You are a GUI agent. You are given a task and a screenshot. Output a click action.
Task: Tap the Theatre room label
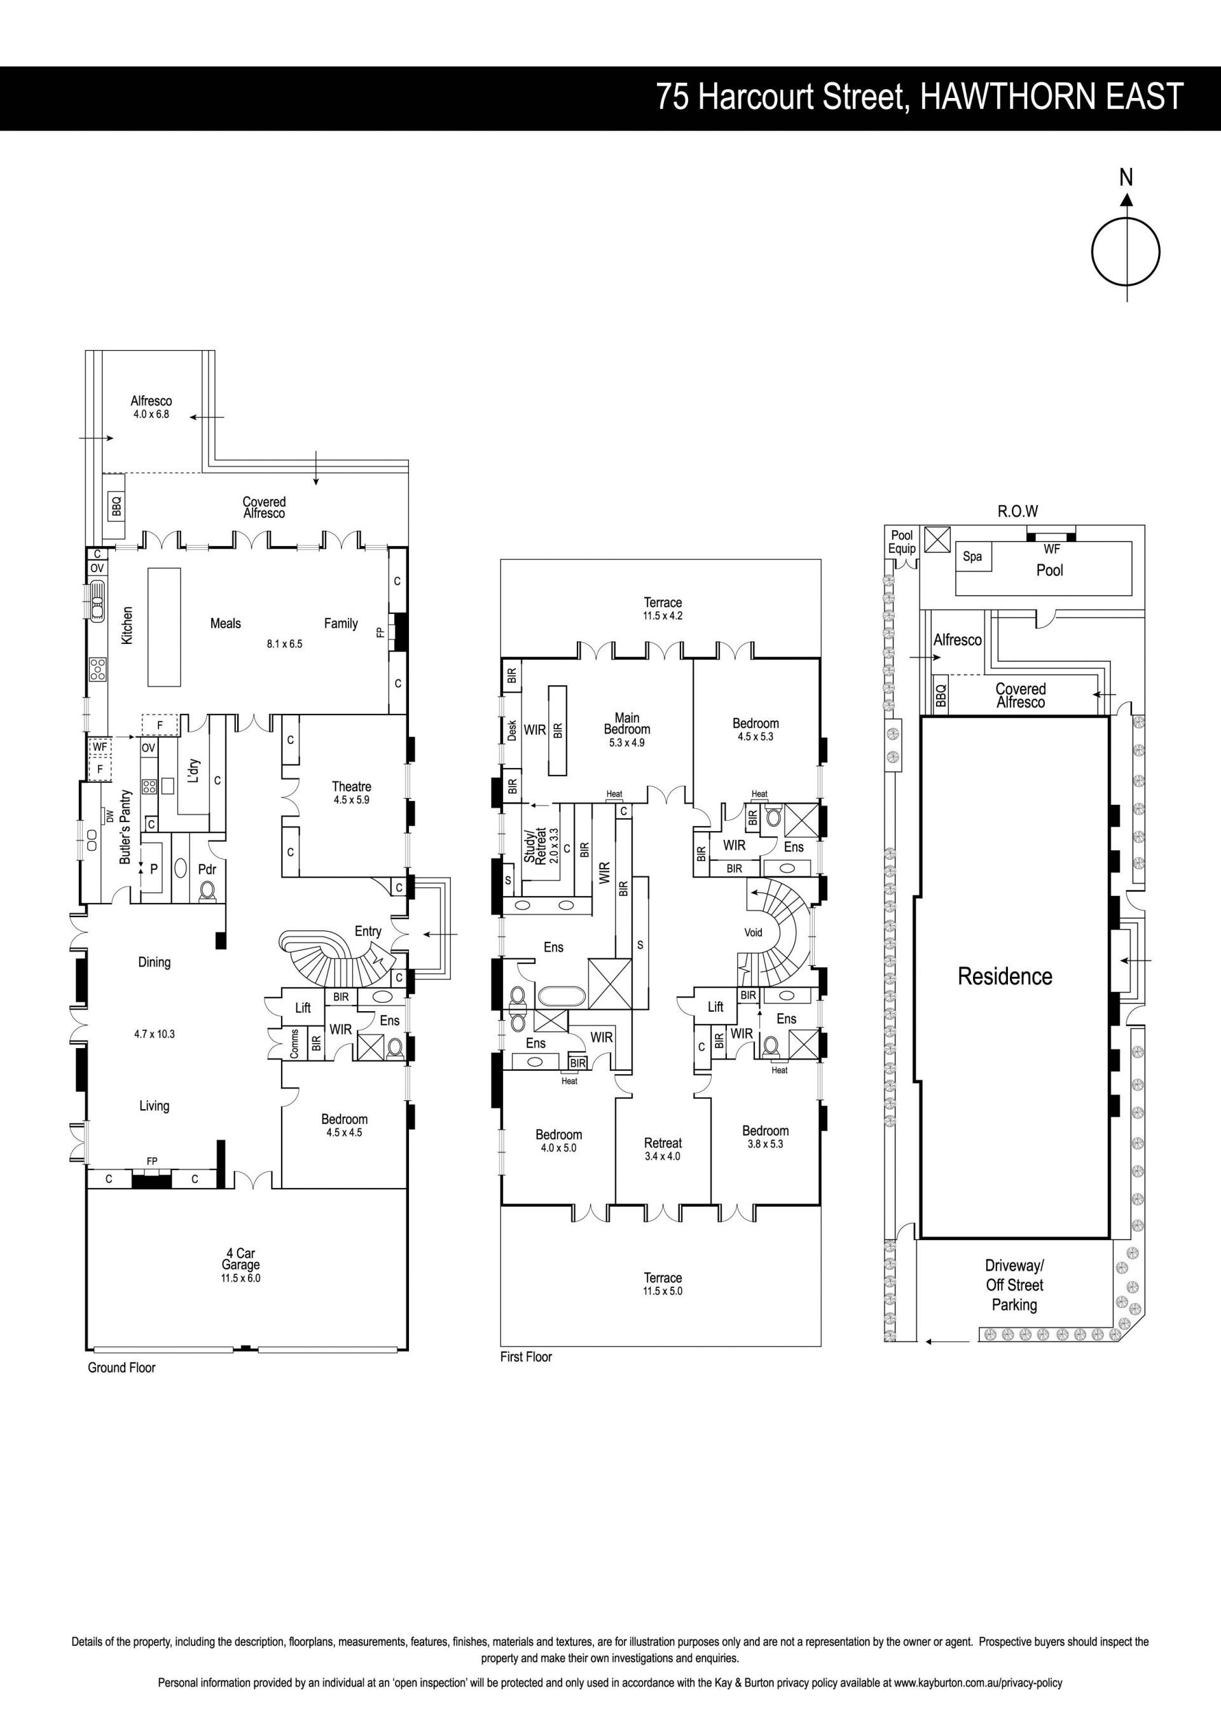(351, 787)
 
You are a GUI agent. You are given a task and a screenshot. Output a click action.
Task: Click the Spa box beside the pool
(972, 557)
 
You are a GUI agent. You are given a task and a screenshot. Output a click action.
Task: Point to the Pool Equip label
(902, 542)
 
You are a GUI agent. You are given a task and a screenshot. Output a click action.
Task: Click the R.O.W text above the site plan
(1018, 512)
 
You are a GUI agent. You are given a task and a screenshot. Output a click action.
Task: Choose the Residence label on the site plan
(1005, 976)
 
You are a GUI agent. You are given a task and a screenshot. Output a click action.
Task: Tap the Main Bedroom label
(627, 724)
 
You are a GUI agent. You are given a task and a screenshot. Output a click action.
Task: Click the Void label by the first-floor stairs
(754, 933)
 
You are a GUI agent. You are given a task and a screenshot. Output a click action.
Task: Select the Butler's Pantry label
(125, 827)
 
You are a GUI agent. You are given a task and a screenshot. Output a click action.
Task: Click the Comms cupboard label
(294, 1044)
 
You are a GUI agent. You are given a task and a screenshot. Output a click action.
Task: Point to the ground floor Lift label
(303, 1008)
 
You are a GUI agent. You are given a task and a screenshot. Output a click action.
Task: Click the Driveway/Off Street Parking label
(1014, 1285)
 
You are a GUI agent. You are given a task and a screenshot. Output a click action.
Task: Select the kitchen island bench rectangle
(165, 627)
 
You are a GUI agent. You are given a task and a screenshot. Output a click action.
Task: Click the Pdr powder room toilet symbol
(207, 891)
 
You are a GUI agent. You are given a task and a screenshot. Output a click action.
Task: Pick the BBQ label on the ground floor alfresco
(116, 505)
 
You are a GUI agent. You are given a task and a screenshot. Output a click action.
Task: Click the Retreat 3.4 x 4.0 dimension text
(663, 1156)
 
